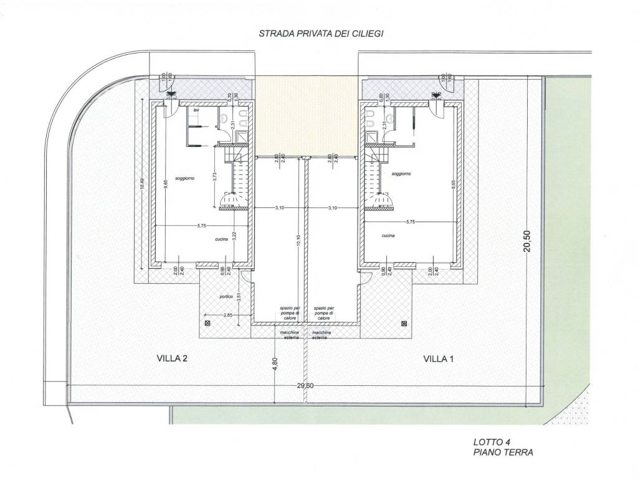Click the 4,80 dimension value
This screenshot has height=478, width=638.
pyautogui.click(x=274, y=365)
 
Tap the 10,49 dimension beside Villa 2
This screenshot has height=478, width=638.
pyautogui.click(x=143, y=187)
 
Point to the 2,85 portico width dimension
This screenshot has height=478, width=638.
pyautogui.click(x=229, y=316)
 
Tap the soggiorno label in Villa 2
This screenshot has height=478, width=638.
pyautogui.click(x=185, y=178)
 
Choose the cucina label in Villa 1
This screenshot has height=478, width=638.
pyautogui.click(x=389, y=236)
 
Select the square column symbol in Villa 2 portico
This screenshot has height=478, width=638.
pyautogui.click(x=207, y=324)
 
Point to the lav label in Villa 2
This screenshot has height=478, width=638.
pyautogui.click(x=196, y=110)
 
